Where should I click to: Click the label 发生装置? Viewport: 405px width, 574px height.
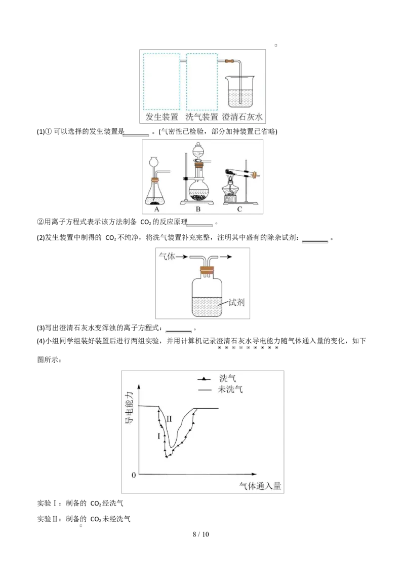(x=162, y=118)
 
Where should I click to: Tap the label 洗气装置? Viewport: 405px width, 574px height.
(x=201, y=118)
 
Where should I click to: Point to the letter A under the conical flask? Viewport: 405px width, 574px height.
(x=156, y=208)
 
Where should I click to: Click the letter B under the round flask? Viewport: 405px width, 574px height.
(x=198, y=208)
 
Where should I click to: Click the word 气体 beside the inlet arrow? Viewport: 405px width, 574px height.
(x=168, y=257)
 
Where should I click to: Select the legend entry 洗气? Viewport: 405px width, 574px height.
(x=227, y=378)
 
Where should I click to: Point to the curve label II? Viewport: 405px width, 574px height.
(x=170, y=419)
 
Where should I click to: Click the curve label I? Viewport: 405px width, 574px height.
(x=159, y=436)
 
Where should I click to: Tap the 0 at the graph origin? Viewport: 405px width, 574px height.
(x=134, y=475)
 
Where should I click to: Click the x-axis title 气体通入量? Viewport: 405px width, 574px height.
(x=260, y=486)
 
